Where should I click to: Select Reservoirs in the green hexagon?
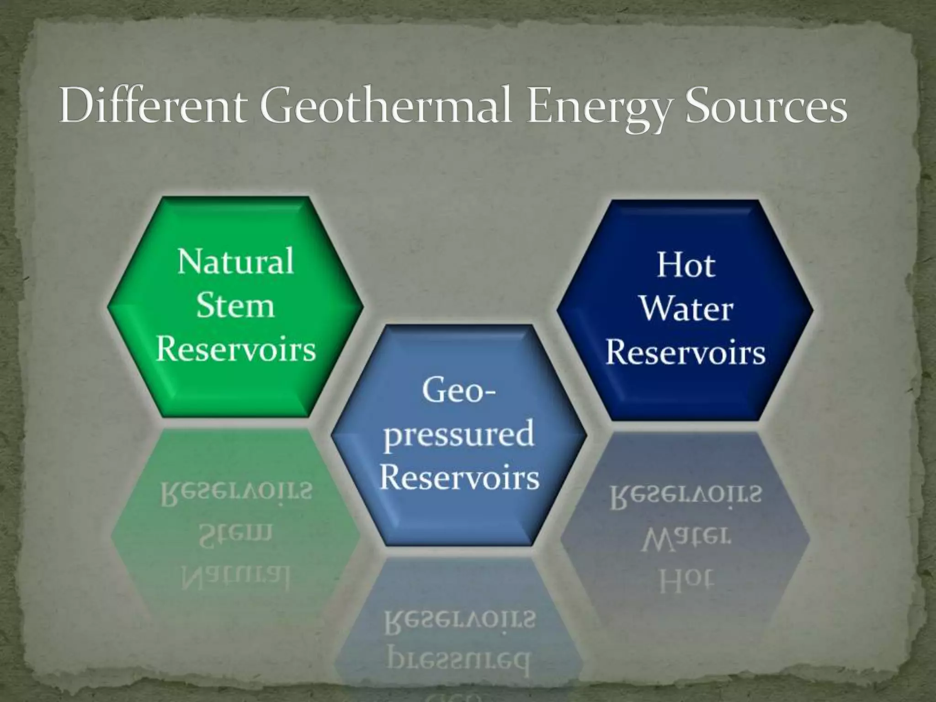[235, 350]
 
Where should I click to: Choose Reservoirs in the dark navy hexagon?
[686, 353]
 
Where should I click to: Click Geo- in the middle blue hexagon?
[459, 391]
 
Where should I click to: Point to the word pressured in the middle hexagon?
[459, 435]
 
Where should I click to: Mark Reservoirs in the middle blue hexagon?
[459, 478]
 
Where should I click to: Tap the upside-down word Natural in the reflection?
[235, 578]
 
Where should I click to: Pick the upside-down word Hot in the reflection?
[686, 582]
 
